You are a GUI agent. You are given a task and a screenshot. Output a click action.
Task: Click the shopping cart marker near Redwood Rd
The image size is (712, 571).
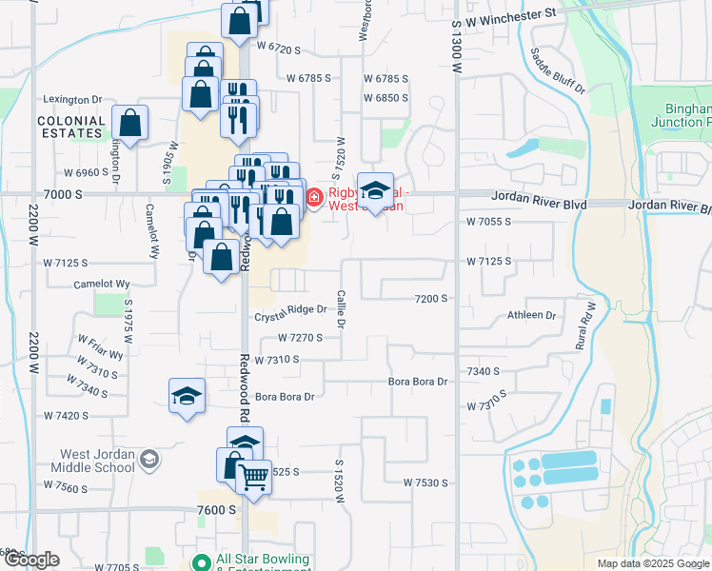(x=254, y=478)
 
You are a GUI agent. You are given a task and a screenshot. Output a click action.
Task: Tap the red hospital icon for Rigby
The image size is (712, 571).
(x=313, y=197)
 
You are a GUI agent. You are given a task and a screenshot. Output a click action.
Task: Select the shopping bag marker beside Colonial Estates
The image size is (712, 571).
(x=129, y=124)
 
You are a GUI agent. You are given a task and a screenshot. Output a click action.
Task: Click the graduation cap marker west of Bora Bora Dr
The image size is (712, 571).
(x=188, y=397)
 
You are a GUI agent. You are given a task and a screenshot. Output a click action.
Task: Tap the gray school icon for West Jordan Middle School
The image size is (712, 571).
(x=148, y=461)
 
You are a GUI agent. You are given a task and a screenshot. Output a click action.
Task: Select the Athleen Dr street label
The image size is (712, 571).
(x=531, y=315)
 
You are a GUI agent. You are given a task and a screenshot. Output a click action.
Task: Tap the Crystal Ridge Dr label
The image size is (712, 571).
(x=290, y=309)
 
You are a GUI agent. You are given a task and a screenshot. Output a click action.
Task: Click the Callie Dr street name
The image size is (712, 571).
(x=340, y=311)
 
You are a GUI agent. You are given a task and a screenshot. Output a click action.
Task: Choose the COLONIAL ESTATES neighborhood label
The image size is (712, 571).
(x=71, y=127)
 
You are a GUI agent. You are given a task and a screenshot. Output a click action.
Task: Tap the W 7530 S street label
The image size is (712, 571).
(x=425, y=483)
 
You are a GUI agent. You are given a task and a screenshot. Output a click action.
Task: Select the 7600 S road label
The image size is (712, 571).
(x=217, y=510)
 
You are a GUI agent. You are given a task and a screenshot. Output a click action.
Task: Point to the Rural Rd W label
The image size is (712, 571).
(x=584, y=325)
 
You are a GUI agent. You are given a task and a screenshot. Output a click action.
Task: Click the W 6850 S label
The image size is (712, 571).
(x=386, y=98)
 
